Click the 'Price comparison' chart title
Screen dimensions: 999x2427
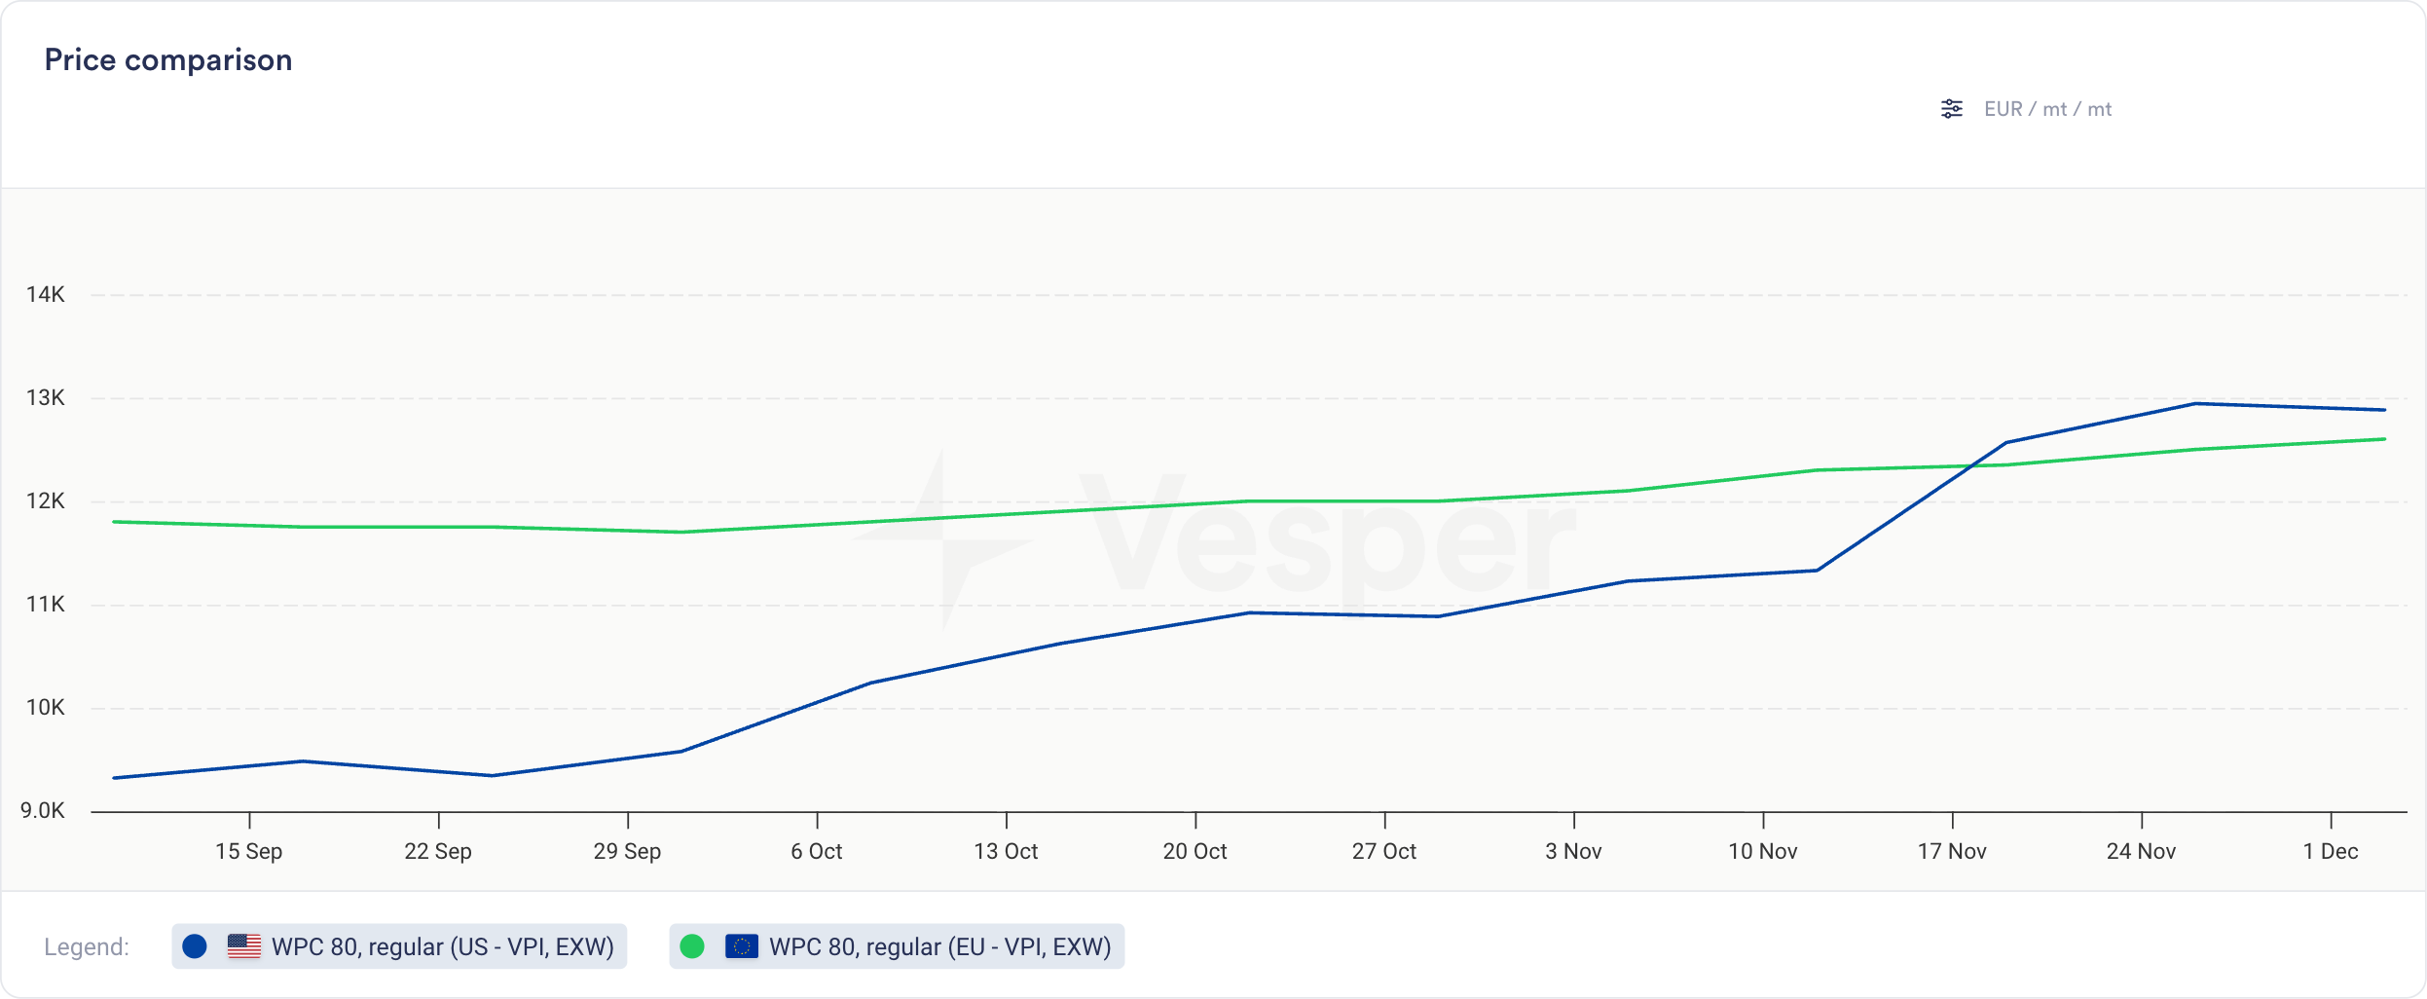[168, 60]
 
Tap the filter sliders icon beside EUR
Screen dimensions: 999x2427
[1951, 109]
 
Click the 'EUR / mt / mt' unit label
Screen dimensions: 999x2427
[2047, 109]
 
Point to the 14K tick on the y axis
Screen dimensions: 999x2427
[46, 294]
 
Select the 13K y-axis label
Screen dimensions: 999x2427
[46, 397]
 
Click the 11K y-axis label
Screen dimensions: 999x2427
[46, 604]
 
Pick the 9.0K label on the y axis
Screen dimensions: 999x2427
[43, 810]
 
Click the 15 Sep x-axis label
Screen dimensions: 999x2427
[248, 851]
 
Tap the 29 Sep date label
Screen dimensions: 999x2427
[627, 851]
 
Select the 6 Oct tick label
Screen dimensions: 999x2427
[816, 851]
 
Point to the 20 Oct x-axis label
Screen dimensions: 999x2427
[1195, 851]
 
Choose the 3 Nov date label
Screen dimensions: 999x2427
[1573, 851]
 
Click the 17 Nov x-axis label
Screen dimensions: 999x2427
[1952, 851]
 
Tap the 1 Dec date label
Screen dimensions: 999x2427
[2330, 851]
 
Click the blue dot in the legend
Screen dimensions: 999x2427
[195, 946]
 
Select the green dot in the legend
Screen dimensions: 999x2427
[692, 946]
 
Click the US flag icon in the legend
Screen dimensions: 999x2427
[243, 946]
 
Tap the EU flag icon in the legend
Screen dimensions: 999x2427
[742, 946]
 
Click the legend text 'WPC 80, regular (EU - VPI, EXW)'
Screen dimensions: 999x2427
[939, 946]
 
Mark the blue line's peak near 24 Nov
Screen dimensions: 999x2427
[2195, 403]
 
